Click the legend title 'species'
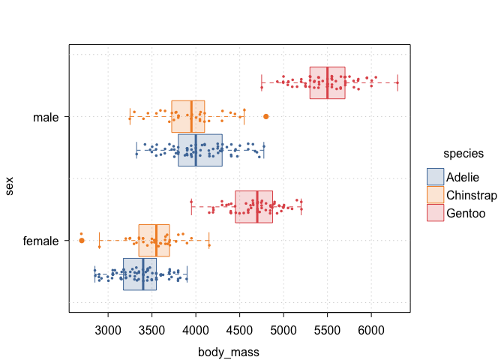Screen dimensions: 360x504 pos(463,154)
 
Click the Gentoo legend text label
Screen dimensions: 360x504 pos(466,212)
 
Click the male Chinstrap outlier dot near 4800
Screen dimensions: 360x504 pos(266,116)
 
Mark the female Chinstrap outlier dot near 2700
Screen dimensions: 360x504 pos(82,240)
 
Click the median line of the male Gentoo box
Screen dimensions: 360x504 pos(328,82)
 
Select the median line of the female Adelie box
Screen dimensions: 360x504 pos(143,274)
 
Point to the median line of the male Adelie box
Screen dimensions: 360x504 pos(196,150)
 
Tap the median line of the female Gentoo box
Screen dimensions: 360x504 pos(257,207)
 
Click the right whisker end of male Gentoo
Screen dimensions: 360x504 pos(397,82)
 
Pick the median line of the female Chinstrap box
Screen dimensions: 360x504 pos(156,240)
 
